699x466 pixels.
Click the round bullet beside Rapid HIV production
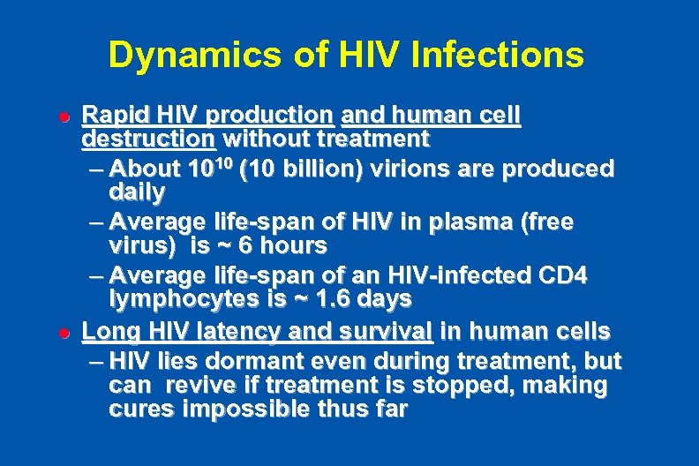click(x=63, y=116)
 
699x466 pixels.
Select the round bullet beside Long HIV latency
click(x=63, y=334)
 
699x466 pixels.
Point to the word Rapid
click(x=109, y=116)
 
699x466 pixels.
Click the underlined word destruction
click(x=148, y=139)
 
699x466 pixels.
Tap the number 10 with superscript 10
click(x=204, y=168)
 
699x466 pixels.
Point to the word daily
click(x=137, y=192)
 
